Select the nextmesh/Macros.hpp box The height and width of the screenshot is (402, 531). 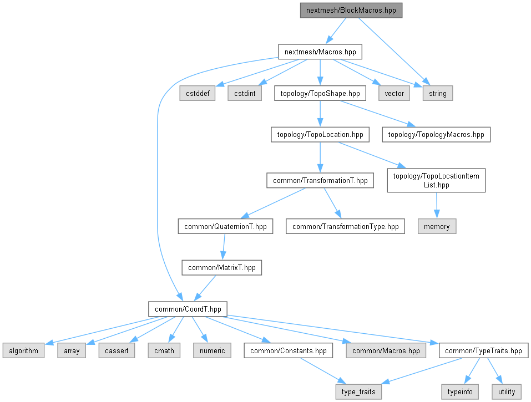point(320,52)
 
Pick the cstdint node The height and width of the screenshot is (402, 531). point(245,93)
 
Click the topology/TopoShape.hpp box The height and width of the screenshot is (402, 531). point(320,93)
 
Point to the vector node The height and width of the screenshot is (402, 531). point(394,93)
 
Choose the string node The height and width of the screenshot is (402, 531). point(437,93)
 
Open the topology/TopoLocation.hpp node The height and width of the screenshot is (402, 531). point(319,134)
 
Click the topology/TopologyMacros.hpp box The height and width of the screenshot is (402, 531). point(436,134)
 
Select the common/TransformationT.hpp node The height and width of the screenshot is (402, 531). point(320,180)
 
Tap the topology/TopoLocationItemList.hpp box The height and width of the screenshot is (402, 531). point(436,180)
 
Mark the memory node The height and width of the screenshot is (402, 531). point(437,226)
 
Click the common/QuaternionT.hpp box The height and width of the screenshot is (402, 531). point(225,226)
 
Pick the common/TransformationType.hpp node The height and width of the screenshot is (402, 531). point(345,226)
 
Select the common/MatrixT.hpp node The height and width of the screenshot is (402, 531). point(222,267)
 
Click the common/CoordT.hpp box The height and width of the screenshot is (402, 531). point(188,309)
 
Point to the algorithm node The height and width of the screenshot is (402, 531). point(23,350)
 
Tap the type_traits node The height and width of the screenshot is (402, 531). point(358,391)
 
